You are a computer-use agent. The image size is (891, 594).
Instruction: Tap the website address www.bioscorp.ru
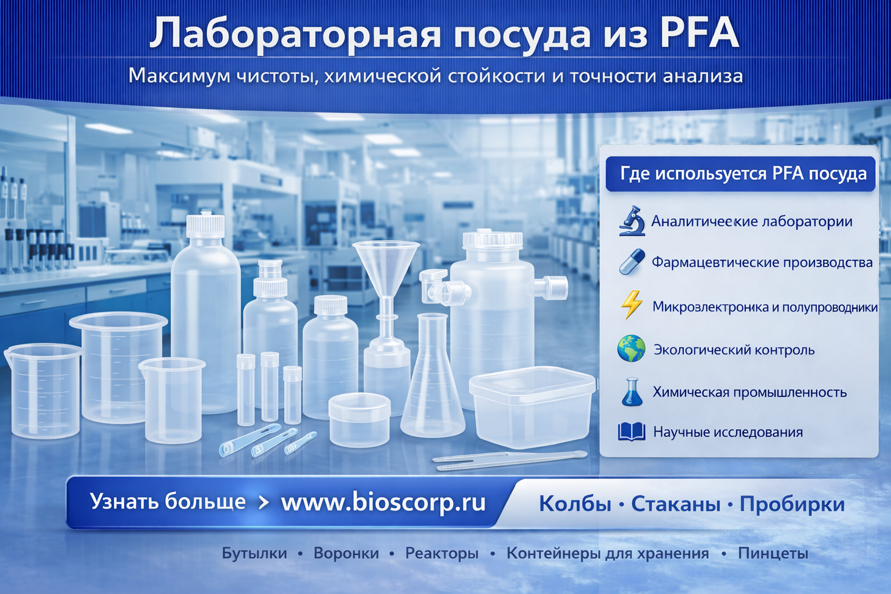[383, 502]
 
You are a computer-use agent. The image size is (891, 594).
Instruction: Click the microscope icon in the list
[632, 221]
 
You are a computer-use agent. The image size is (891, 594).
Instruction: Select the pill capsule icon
[632, 262]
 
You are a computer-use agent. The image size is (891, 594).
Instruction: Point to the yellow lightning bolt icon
[632, 305]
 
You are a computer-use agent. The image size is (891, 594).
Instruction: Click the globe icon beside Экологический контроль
[631, 349]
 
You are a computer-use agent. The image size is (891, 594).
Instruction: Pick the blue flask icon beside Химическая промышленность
[632, 392]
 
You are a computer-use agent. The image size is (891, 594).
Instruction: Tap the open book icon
[632, 432]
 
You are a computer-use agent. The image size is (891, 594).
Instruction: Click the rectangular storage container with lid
[532, 407]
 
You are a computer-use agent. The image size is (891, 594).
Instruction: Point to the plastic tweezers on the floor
[510, 459]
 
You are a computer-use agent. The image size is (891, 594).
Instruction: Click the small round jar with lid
[359, 419]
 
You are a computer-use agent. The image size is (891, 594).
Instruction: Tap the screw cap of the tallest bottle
[205, 226]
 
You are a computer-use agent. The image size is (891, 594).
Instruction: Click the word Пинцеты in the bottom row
[773, 553]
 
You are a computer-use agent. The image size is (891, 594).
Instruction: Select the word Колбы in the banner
[575, 504]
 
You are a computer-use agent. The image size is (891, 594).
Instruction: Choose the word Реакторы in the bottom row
[441, 553]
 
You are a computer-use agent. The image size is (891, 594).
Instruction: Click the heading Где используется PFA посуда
[743, 174]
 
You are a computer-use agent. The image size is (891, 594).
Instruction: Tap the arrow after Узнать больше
[263, 502]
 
